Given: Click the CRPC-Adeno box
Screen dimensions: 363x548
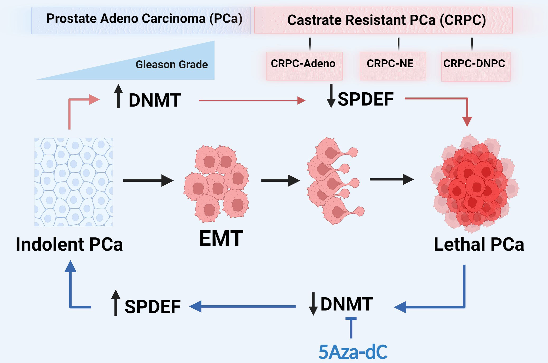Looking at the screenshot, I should click(x=304, y=66).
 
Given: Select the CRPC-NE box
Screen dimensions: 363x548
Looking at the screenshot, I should click(x=392, y=66).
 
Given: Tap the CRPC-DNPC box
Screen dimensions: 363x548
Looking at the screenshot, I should click(x=475, y=66).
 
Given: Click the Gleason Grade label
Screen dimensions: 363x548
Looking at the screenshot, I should click(x=171, y=65).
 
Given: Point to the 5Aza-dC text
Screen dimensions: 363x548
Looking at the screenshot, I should click(x=353, y=352).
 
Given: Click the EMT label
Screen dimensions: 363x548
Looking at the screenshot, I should click(x=221, y=238).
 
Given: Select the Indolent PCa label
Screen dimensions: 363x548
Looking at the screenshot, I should click(x=69, y=244).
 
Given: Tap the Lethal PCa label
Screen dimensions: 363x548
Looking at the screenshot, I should click(x=479, y=244).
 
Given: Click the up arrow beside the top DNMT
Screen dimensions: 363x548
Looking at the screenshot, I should click(x=118, y=96).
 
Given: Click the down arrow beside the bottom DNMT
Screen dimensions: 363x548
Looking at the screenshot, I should click(x=313, y=304).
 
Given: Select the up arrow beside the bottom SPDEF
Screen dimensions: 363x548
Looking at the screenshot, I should click(x=116, y=303).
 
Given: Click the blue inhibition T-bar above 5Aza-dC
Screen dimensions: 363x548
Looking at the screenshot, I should click(x=351, y=327).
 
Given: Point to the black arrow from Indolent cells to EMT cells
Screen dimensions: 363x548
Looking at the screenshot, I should click(x=148, y=180).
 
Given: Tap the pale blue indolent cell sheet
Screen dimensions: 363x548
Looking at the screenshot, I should click(x=73, y=182).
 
